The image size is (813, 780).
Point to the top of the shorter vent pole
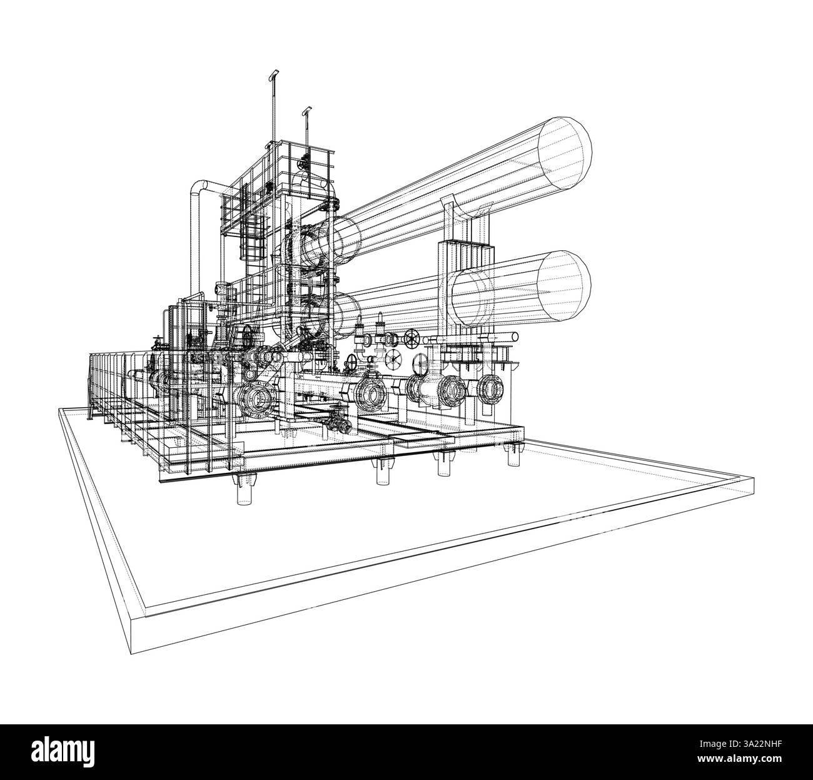[x=306, y=111]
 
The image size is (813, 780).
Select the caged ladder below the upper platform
[x=252, y=234]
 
